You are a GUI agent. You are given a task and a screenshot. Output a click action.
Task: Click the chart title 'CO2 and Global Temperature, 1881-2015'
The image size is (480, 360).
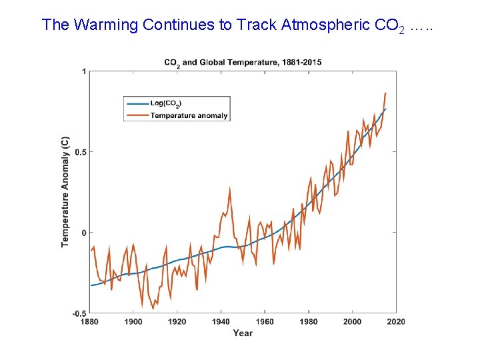click(x=243, y=62)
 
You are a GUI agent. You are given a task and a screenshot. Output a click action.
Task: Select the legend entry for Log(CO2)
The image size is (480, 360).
click(x=165, y=103)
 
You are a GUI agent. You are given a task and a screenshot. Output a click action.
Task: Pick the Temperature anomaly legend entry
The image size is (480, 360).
click(x=189, y=115)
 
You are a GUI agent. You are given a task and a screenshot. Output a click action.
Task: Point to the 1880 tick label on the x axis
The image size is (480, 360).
click(x=89, y=321)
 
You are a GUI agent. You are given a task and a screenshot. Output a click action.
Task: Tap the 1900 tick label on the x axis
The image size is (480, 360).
click(x=133, y=321)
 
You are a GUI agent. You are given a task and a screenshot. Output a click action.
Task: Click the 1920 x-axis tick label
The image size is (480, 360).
click(x=177, y=321)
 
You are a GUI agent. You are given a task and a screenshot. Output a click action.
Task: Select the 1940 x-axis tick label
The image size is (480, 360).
click(x=221, y=321)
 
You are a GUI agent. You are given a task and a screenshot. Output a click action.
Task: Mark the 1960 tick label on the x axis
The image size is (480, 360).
click(x=265, y=321)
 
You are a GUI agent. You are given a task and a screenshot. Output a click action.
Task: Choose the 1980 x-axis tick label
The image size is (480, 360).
click(x=308, y=321)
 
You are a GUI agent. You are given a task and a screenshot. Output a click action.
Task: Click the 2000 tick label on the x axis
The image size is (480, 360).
click(x=352, y=321)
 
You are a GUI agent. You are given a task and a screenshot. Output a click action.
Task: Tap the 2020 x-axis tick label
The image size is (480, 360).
click(x=396, y=321)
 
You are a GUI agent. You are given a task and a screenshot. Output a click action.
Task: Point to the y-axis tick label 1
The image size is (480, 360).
click(x=83, y=71)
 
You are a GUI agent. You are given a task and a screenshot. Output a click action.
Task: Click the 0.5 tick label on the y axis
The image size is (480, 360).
click(x=79, y=152)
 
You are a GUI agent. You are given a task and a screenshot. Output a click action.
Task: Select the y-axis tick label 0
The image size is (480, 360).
click(x=83, y=233)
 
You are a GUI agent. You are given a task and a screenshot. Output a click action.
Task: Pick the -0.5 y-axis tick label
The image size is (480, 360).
click(x=77, y=313)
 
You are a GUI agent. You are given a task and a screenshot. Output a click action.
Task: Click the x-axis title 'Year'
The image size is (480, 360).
click(x=243, y=333)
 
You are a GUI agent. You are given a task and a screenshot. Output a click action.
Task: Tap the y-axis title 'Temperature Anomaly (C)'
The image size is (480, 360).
click(x=65, y=192)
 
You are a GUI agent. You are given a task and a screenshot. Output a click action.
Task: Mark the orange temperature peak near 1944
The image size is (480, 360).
click(x=230, y=189)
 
